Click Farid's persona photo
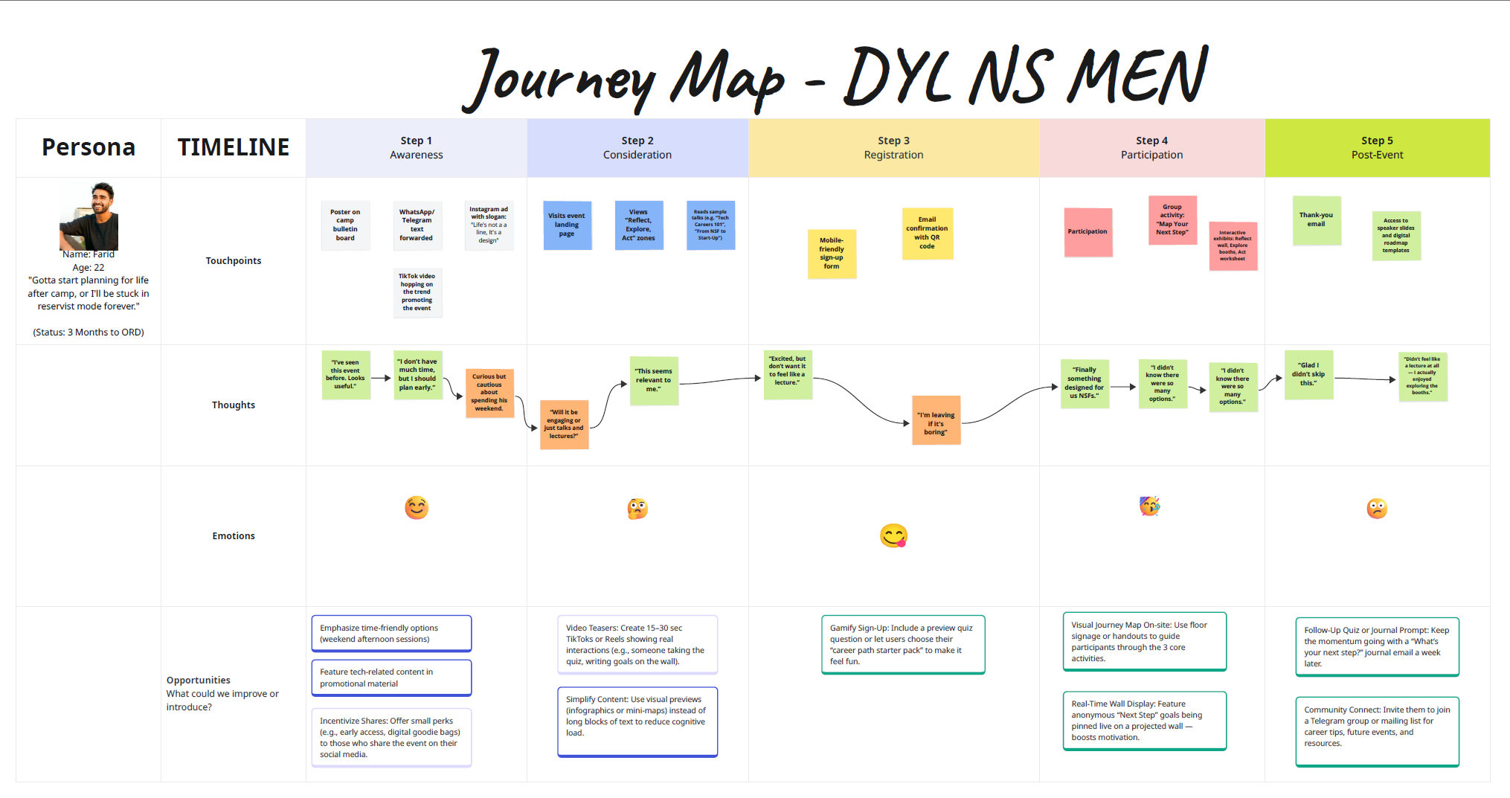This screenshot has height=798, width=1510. tap(89, 216)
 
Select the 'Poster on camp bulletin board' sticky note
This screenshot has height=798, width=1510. tap(345, 225)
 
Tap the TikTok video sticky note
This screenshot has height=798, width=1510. tap(417, 292)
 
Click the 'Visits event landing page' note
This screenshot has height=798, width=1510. tap(567, 225)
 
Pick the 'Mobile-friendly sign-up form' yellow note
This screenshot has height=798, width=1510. tap(832, 254)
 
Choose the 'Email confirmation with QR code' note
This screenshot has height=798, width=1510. tap(927, 233)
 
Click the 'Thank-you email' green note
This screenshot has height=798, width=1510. tap(1317, 220)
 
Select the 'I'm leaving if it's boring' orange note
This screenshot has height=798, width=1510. tap(936, 420)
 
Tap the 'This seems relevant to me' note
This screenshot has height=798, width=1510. tap(653, 380)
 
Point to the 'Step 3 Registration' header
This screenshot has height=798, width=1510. tap(893, 147)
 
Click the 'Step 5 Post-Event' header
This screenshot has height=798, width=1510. tap(1377, 147)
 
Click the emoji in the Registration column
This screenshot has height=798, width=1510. tap(893, 535)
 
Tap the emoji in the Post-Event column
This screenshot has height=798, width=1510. tap(1377, 509)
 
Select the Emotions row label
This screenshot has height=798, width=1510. tap(234, 535)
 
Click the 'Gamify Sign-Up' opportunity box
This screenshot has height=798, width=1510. tap(902, 644)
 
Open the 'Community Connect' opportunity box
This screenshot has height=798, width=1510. tap(1377, 731)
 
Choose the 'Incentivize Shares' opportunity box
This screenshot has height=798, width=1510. tap(391, 737)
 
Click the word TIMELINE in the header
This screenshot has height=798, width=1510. tap(234, 147)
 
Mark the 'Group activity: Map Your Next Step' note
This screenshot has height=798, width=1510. tap(1172, 220)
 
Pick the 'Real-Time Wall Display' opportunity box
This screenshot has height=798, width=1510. tap(1144, 721)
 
